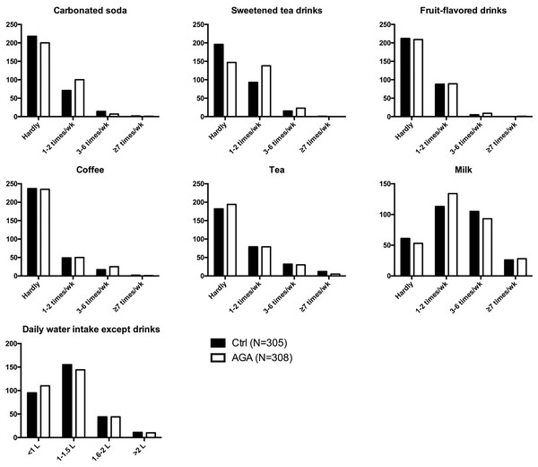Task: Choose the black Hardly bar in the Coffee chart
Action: point(32,233)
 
